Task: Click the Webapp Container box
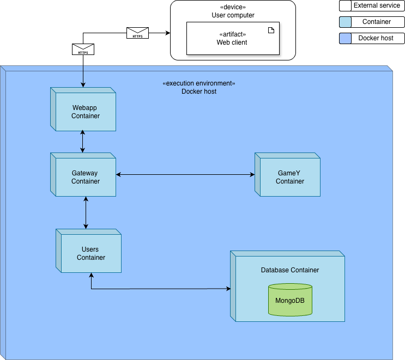coord(85,112)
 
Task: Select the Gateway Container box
coord(85,177)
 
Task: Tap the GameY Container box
coord(289,177)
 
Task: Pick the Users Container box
coord(90,253)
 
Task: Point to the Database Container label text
coord(289,270)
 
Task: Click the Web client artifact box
coord(232,38)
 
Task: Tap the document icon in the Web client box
coord(271,30)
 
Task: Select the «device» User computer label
coord(233,11)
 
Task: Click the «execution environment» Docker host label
coord(199,87)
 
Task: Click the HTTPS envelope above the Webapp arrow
coord(83,50)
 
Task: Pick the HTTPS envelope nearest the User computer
coord(137,33)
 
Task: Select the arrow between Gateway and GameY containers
coord(185,175)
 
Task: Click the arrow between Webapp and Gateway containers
coord(83,142)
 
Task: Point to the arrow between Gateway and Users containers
coord(86,212)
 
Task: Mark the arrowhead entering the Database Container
coord(227,289)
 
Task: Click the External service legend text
coord(377,5)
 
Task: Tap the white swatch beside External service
coord(345,6)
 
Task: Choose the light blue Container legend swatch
coord(345,22)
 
